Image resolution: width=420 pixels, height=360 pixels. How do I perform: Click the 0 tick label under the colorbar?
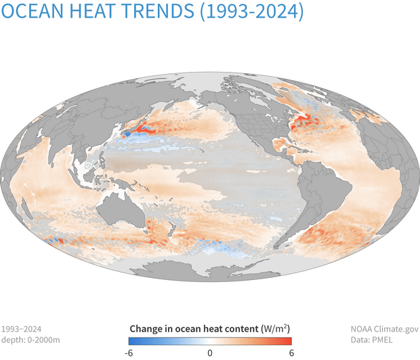210,353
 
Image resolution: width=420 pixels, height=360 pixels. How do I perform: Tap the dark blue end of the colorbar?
131,341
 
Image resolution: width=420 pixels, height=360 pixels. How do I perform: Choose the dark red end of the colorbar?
289,341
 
